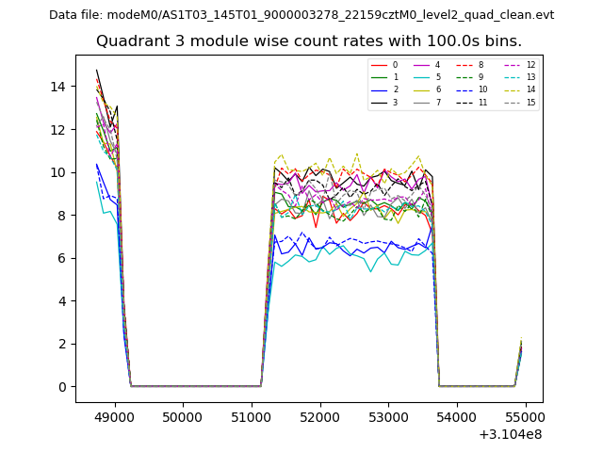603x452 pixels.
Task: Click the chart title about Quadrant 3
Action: point(309,41)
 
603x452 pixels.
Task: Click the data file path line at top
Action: point(301,15)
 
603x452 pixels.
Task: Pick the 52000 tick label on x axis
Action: point(320,414)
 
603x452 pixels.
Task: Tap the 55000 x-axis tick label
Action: point(526,414)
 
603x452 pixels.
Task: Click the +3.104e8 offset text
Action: point(510,433)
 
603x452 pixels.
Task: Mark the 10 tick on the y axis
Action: point(60,172)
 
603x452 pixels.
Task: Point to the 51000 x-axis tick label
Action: point(252,414)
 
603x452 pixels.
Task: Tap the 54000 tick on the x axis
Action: point(457,414)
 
